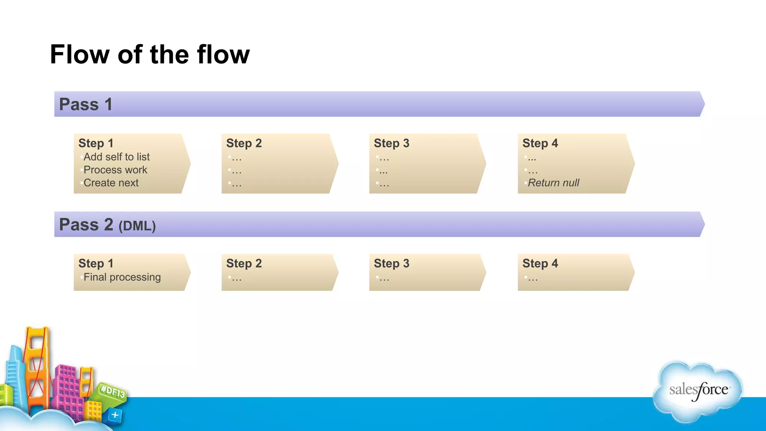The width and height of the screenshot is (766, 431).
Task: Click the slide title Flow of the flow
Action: tap(150, 55)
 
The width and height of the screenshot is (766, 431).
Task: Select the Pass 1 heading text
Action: tap(86, 104)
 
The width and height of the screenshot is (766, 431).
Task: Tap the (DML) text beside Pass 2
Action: tap(137, 226)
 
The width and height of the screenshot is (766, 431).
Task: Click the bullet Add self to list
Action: tap(116, 157)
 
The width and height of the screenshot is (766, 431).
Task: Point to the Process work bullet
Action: tap(115, 170)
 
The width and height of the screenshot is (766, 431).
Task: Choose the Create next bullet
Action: tap(111, 183)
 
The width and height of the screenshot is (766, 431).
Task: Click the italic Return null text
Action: tap(553, 183)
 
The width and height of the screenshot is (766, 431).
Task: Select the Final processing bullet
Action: tap(122, 277)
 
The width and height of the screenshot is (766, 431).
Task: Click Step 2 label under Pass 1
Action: tap(244, 143)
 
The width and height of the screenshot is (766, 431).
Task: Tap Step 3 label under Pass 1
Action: tap(392, 143)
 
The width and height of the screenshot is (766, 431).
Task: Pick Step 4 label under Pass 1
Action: tap(540, 143)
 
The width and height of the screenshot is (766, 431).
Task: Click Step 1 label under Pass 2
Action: tap(96, 263)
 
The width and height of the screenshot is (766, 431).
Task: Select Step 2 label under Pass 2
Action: tap(244, 263)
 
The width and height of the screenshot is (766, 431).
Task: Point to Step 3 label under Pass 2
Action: tap(392, 263)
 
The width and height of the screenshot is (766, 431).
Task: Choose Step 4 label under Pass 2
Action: tap(540, 263)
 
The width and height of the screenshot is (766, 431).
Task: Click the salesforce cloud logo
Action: tap(698, 391)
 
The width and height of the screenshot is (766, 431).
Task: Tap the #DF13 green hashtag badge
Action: tap(113, 392)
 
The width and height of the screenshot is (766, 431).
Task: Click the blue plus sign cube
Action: tap(115, 415)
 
